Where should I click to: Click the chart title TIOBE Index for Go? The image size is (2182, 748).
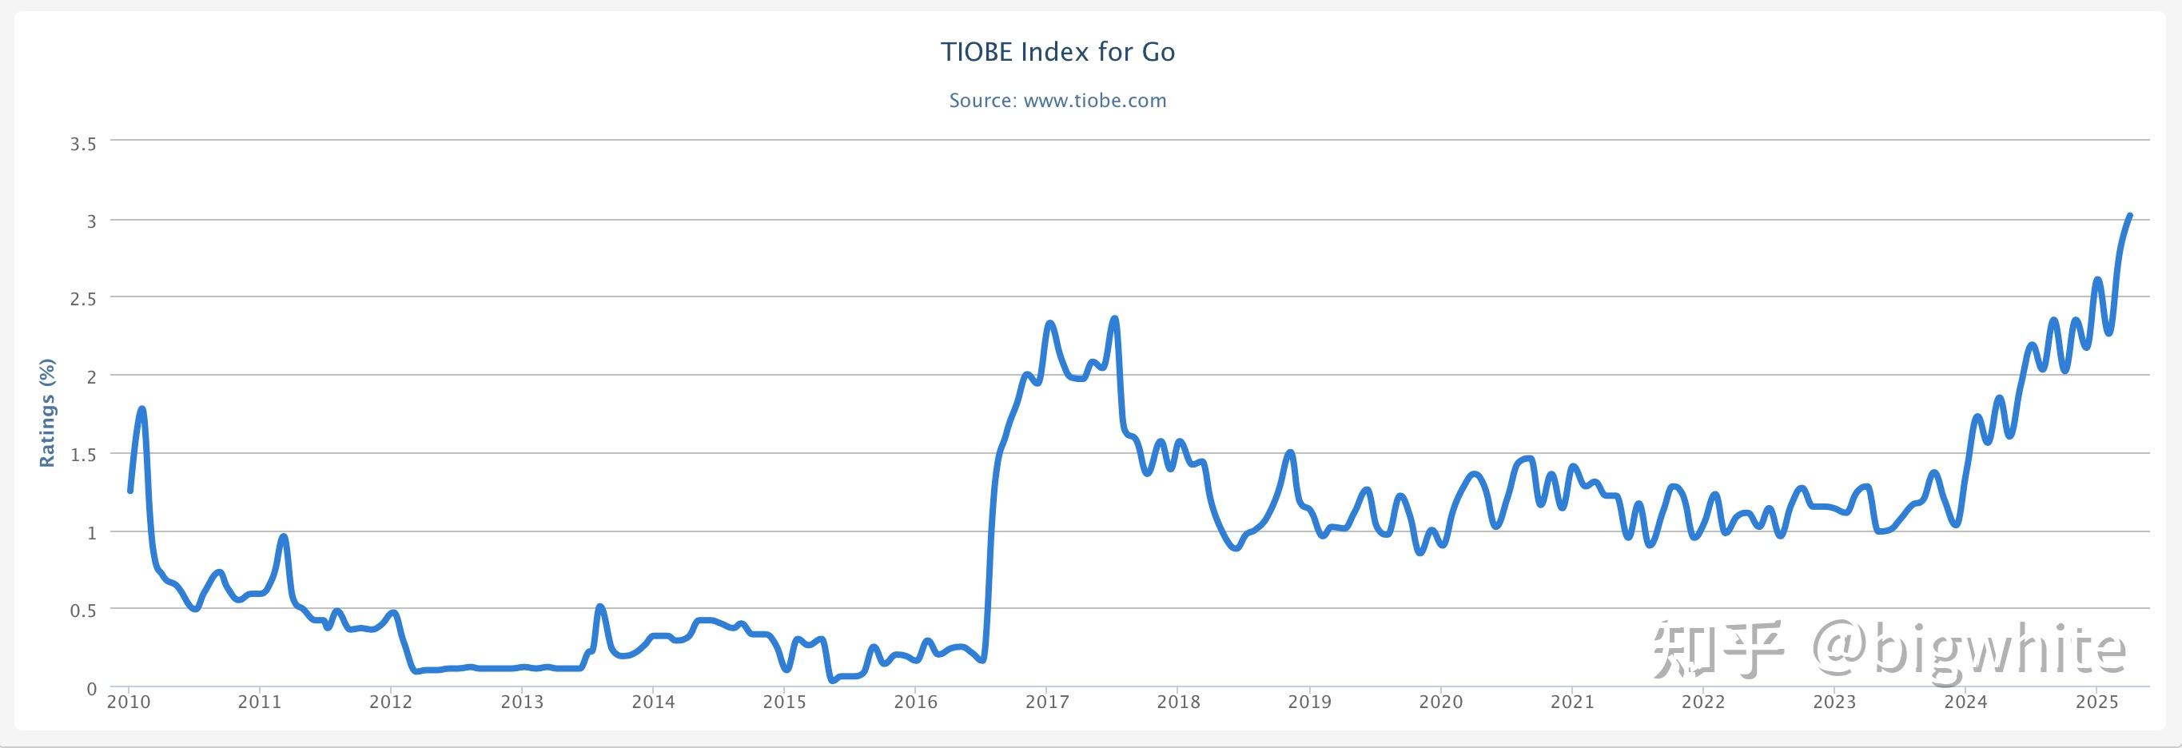click(x=1057, y=53)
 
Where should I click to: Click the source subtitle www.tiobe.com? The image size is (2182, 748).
click(x=1057, y=101)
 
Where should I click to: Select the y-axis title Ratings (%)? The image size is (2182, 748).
click(x=47, y=412)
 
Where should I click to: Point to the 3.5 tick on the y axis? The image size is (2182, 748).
click(x=83, y=144)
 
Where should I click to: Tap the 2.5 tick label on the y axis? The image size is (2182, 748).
click(x=83, y=299)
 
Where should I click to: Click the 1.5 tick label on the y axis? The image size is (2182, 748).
click(x=83, y=455)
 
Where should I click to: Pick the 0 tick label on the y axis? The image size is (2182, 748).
click(x=91, y=690)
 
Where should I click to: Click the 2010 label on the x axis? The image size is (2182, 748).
click(x=129, y=702)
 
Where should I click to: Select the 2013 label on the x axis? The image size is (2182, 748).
click(x=522, y=702)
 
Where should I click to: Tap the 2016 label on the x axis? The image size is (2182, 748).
click(x=916, y=702)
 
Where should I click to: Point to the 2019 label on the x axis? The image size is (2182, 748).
click(x=1309, y=702)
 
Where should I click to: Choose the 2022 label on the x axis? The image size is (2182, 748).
click(x=1702, y=702)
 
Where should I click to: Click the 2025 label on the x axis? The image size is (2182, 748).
click(x=2096, y=702)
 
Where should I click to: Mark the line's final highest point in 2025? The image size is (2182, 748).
click(x=2129, y=216)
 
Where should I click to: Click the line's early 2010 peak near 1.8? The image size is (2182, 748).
click(x=141, y=409)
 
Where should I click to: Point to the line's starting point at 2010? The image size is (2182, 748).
click(x=129, y=491)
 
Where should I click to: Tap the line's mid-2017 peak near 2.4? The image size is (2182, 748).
click(x=1115, y=320)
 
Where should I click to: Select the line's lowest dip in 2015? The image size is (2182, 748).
click(x=833, y=679)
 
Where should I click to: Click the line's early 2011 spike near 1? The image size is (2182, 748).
click(x=284, y=536)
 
